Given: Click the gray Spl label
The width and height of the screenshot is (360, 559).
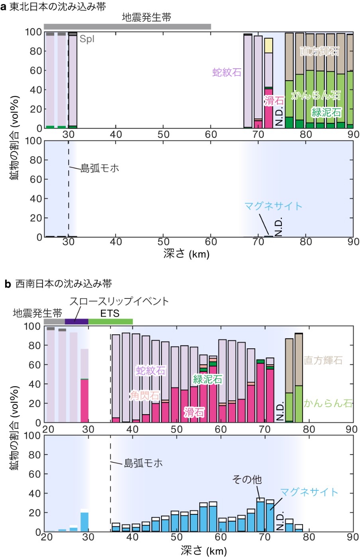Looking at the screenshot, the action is [x=87, y=39].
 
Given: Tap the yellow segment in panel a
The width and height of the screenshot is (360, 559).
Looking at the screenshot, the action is [x=268, y=45].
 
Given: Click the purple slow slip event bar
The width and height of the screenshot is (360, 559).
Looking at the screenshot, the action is [x=77, y=322].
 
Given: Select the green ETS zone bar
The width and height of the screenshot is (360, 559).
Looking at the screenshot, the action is [x=110, y=322].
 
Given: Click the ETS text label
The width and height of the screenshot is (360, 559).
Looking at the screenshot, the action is [x=110, y=313].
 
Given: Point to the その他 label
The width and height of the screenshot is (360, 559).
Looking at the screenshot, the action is [x=247, y=479].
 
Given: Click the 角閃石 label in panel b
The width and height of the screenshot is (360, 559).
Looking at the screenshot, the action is [x=145, y=396].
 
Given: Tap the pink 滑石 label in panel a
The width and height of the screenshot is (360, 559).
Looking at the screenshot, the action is [x=274, y=101].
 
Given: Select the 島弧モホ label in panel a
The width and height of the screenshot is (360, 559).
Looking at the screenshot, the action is [x=100, y=168].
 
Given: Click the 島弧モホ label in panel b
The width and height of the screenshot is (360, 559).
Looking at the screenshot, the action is [x=143, y=463].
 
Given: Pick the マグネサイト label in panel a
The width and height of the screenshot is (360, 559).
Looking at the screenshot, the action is [x=273, y=206].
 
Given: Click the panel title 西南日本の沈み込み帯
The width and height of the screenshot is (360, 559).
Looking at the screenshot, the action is [x=63, y=284].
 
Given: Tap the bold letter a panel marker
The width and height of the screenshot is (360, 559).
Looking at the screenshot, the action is [x=3, y=7].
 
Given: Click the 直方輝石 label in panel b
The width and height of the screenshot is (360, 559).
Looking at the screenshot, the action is [x=323, y=360].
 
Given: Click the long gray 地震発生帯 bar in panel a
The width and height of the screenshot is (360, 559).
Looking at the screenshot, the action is [x=128, y=27].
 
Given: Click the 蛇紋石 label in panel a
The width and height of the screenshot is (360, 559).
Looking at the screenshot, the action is [x=227, y=72].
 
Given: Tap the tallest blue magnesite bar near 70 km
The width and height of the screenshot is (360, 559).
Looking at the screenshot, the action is [x=260, y=517].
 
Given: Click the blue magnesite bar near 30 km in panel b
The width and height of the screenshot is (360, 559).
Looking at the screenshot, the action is [x=85, y=522].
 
